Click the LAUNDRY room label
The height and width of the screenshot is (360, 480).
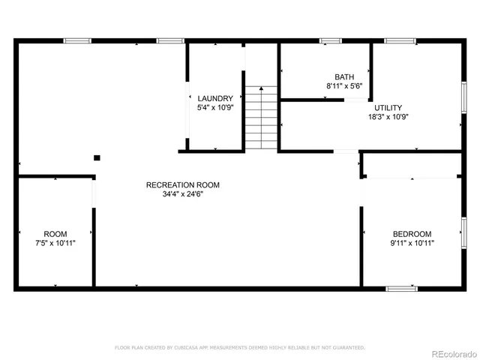click(215, 98)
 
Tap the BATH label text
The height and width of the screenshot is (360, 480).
click(344, 76)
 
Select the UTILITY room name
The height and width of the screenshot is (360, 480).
click(388, 107)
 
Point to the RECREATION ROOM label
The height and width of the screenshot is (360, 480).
click(182, 184)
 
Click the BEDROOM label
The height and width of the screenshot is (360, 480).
click(412, 233)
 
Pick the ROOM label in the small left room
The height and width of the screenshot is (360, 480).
click(55, 233)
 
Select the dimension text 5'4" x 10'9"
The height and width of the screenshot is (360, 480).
click(215, 108)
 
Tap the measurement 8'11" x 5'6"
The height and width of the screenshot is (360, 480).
click(345, 86)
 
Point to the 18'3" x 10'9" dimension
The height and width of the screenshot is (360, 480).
click(388, 117)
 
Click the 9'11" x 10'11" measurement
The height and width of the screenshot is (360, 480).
click(412, 243)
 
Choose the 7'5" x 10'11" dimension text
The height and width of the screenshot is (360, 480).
click(55, 243)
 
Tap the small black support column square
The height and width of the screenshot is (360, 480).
click(97, 157)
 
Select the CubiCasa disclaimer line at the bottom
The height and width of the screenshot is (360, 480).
click(239, 347)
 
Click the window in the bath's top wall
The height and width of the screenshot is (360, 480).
click(331, 40)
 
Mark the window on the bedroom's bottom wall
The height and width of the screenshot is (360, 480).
click(401, 288)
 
